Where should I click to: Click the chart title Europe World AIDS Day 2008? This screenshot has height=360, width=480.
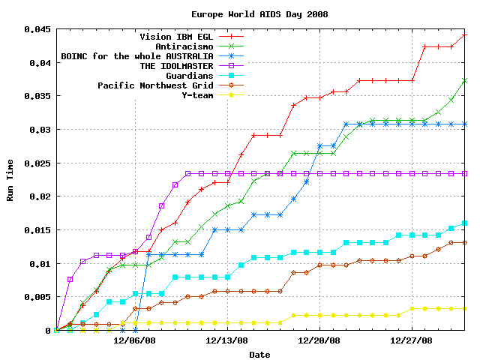(259, 14)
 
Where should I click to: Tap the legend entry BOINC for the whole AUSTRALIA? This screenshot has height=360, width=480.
(137, 56)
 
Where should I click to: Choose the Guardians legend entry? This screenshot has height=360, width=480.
(189, 76)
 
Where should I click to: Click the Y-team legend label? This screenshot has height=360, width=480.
(197, 95)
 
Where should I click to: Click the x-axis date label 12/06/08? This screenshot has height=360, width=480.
(135, 340)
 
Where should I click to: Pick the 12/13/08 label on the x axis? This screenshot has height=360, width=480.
(227, 340)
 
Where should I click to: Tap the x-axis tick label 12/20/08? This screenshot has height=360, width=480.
(320, 340)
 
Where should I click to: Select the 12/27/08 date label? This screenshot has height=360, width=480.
(412, 340)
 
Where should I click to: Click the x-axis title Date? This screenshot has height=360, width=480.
(259, 354)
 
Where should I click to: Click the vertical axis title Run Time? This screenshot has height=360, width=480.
(10, 180)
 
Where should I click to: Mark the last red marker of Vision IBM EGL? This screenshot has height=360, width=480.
(465, 35)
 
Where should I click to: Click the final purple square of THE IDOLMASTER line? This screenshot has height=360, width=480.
(465, 173)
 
